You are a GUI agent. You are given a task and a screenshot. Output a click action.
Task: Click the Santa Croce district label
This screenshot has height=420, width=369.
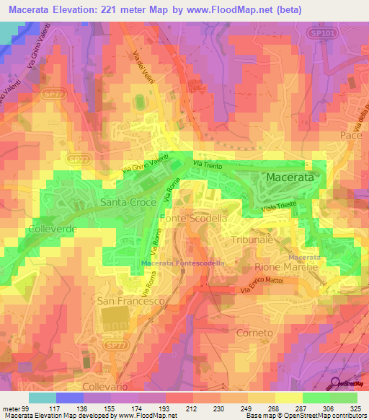click(128, 203)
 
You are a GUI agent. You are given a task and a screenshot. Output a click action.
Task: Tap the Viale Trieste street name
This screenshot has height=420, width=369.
click(279, 209)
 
